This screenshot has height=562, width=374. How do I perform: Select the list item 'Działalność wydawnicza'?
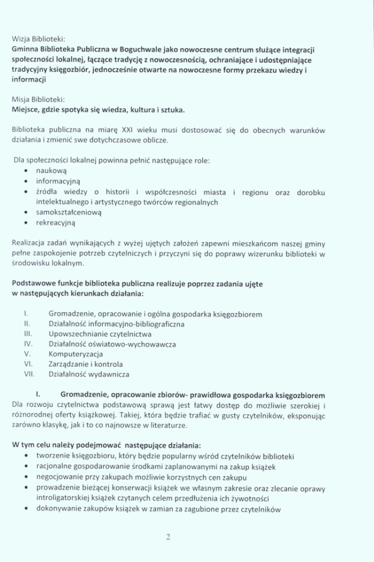(89, 373)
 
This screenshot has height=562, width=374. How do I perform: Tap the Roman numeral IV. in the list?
(27, 344)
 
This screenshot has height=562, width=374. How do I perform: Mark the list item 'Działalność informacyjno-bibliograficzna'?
(117, 324)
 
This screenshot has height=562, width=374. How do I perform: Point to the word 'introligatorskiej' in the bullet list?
(64, 498)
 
